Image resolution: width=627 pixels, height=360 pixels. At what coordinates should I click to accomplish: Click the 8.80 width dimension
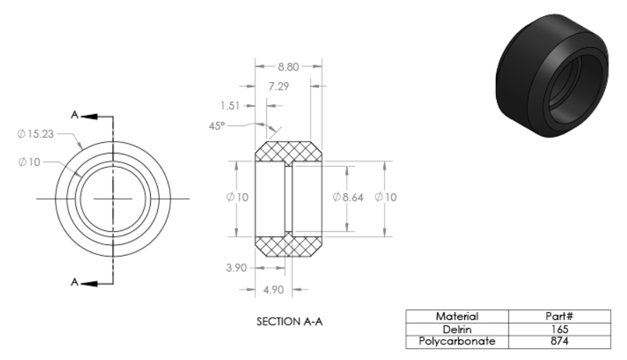(288, 67)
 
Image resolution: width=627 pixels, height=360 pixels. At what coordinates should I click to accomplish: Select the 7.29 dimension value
(279, 87)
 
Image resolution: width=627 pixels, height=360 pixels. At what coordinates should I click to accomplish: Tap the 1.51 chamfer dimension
(230, 106)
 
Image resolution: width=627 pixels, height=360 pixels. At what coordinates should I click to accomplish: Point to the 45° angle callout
(217, 126)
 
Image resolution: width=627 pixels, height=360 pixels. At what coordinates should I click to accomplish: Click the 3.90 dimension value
(236, 268)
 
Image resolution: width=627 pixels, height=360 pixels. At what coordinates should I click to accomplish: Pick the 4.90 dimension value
(273, 290)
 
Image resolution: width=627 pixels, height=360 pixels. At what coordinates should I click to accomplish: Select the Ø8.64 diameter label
(348, 197)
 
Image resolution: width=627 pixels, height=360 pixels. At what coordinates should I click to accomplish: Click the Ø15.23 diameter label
(35, 134)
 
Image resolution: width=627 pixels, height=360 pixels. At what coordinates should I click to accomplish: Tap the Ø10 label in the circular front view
(29, 162)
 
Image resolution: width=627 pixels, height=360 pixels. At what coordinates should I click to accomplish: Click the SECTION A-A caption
(290, 321)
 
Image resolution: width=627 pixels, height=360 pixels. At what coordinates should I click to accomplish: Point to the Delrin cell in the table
(457, 329)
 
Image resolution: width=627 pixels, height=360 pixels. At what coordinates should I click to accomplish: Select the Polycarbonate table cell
(457, 341)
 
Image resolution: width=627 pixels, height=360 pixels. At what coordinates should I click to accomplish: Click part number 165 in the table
(559, 329)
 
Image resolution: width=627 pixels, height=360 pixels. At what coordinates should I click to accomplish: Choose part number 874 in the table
(559, 341)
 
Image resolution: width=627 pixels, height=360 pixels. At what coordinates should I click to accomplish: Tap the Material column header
(457, 316)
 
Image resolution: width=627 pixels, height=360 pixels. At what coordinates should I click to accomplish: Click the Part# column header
(559, 316)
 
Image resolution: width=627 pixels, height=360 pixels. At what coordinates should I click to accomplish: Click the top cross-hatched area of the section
(288, 151)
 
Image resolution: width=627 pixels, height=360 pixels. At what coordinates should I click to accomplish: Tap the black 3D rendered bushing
(552, 75)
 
